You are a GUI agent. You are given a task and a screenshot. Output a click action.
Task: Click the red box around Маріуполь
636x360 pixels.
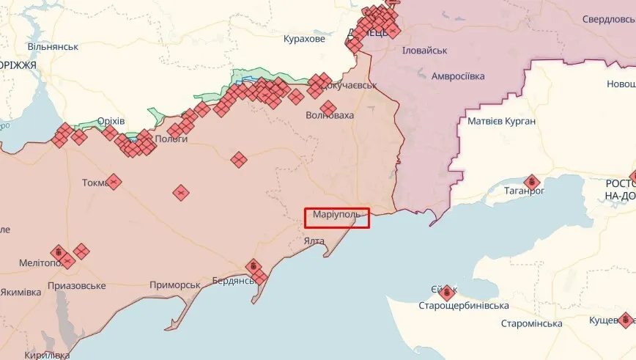tap(337, 217)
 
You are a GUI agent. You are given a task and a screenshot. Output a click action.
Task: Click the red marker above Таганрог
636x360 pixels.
tap(532, 181)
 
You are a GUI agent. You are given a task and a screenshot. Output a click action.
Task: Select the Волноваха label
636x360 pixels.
tap(329, 116)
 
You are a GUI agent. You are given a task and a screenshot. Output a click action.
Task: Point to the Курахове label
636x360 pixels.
tap(303, 38)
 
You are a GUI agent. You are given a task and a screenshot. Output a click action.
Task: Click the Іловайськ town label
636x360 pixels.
tap(424, 50)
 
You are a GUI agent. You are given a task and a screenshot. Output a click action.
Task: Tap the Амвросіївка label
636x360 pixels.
tap(458, 76)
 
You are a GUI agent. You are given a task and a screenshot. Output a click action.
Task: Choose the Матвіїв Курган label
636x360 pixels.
tap(501, 121)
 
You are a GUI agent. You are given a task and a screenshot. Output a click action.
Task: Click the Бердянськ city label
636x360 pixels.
tap(233, 281)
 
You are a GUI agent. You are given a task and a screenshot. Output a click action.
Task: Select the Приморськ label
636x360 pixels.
tap(174, 284)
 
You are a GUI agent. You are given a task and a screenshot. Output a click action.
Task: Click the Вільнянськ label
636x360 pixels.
tap(53, 46)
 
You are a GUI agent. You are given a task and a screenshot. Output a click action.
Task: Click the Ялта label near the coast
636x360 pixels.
tap(314, 240)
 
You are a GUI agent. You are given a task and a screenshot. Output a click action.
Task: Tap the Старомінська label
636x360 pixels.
tap(531, 323)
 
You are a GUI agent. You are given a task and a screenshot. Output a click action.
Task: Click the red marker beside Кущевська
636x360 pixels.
tap(625, 319)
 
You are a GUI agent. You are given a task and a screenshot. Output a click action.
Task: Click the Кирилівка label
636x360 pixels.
tap(46, 355)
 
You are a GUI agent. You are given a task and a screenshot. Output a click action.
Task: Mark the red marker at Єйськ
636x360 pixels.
tap(446, 293)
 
